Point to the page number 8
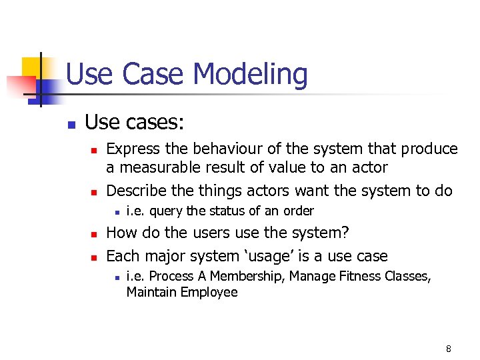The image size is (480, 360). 448,349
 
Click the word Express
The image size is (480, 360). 131,149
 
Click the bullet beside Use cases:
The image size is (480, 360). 71,124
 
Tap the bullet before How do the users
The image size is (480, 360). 95,235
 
